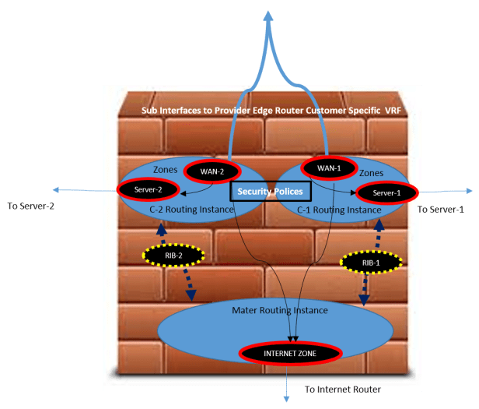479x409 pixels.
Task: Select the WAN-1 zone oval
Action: coord(327,167)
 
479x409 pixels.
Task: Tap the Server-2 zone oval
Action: coord(148,189)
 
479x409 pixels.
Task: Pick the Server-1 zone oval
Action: coord(386,192)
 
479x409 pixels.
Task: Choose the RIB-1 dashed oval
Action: coord(371,263)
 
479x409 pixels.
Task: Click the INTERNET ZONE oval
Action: coord(290,353)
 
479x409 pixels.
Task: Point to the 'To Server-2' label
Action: coord(31,207)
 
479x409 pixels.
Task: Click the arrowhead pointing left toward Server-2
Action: coord(56,189)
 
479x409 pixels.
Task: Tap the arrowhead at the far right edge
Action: coord(470,189)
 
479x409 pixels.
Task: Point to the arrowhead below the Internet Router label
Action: coord(288,399)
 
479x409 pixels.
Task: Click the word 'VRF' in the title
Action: coord(392,111)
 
